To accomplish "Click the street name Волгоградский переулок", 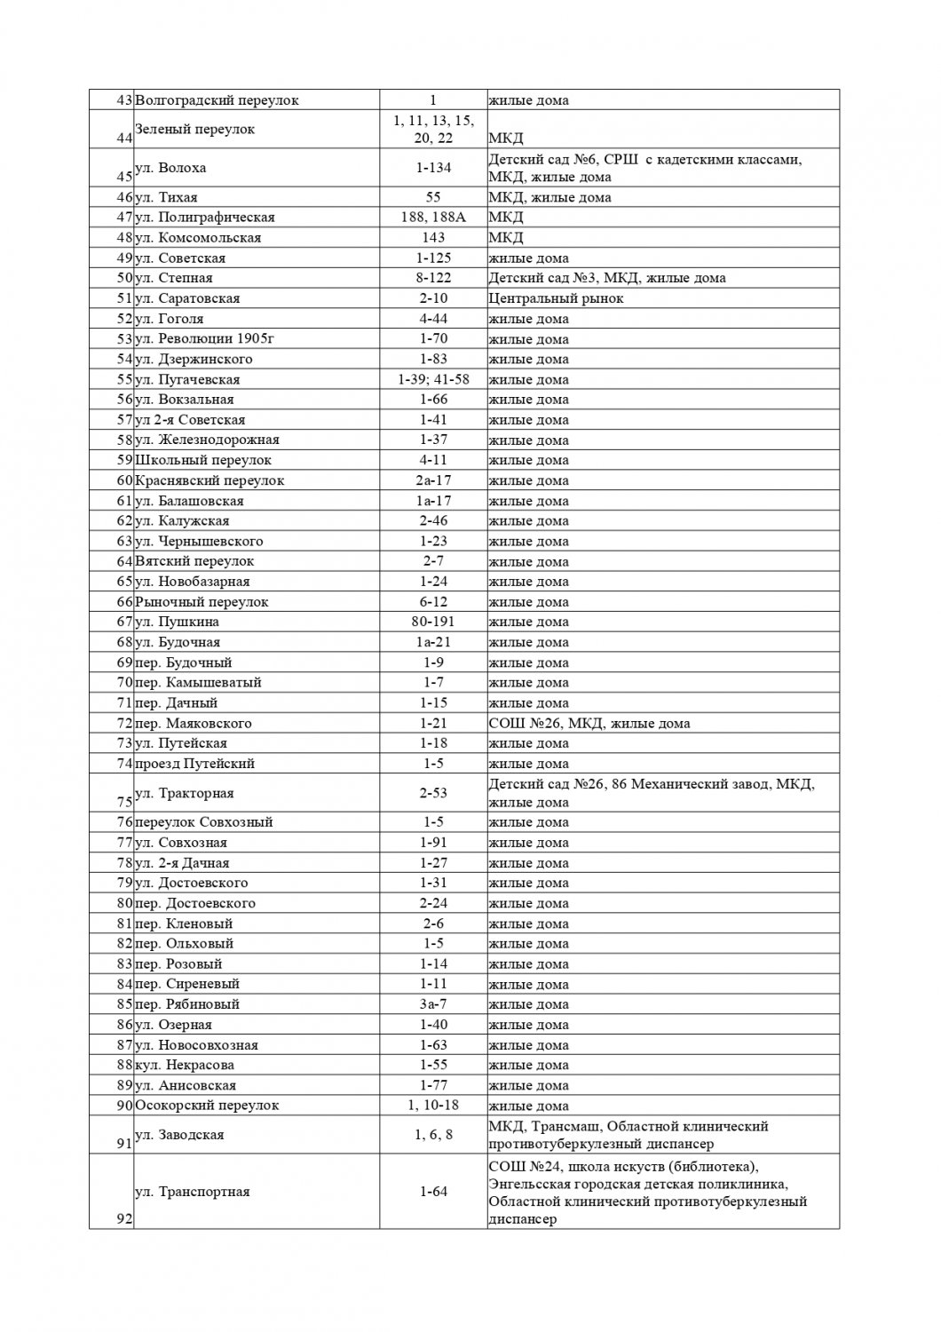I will [217, 100].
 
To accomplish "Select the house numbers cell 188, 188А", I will [433, 218].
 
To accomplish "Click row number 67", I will [124, 622].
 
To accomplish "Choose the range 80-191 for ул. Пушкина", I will [433, 622].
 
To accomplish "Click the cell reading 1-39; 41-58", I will [433, 379].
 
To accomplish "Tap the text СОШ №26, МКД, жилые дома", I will [589, 723].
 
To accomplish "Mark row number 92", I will [124, 1219].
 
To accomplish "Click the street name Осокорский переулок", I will [207, 1106].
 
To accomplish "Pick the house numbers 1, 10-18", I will [433, 1106].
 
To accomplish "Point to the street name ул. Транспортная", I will [192, 1192].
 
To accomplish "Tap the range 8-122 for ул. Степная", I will [433, 278].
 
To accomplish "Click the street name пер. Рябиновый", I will [186, 1004].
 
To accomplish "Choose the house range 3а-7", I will [433, 1004].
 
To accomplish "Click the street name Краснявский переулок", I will [210, 480].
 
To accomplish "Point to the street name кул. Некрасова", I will [185, 1065].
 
